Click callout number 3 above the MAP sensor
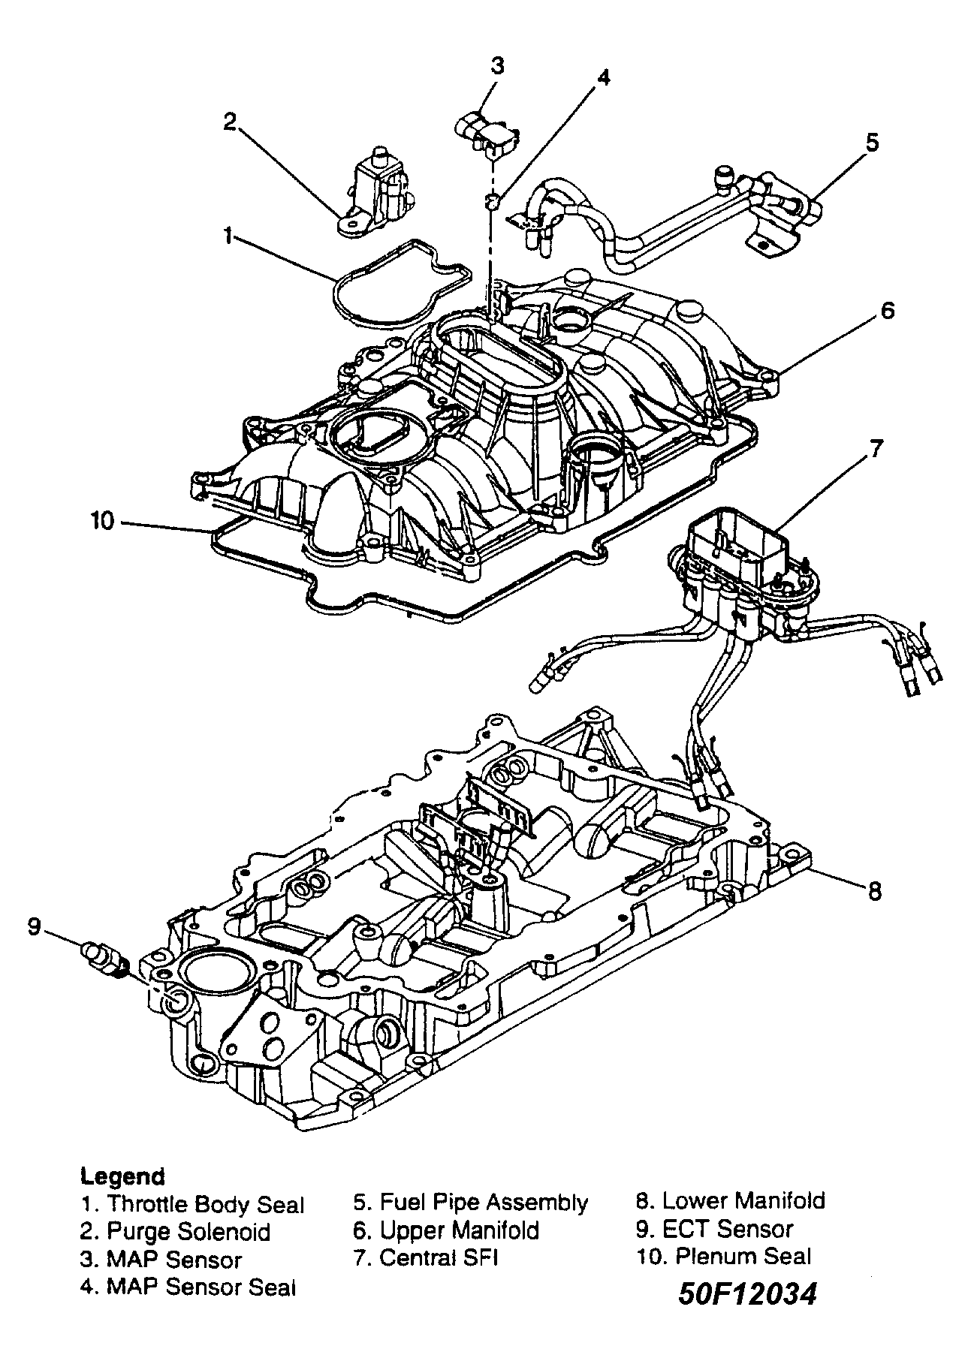click(x=496, y=66)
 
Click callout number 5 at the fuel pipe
click(x=872, y=142)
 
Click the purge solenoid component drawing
click(x=375, y=191)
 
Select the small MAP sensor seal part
click(x=493, y=201)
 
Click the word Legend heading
click(x=122, y=1175)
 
